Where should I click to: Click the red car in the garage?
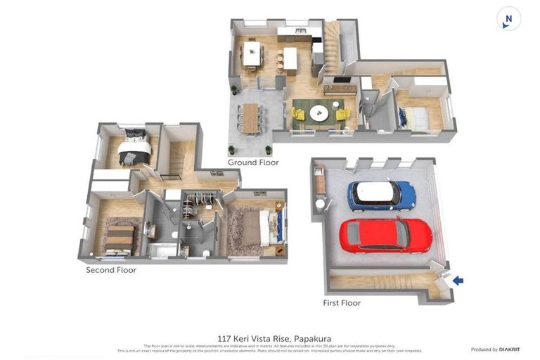[386, 236]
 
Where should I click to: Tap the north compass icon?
[508, 19]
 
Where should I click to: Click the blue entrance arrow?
[458, 281]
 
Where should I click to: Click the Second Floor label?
[111, 270]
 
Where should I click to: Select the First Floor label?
[341, 303]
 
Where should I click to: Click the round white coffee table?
[319, 112]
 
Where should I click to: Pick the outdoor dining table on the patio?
[250, 117]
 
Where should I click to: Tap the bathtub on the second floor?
[164, 250]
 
